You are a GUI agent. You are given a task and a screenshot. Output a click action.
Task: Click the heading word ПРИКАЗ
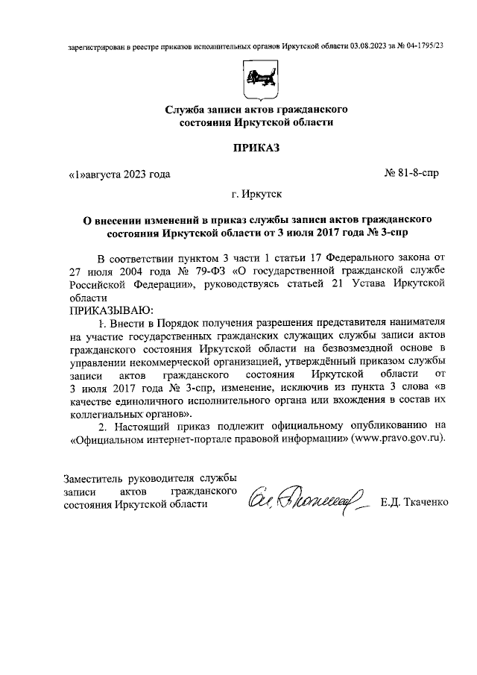[256, 148]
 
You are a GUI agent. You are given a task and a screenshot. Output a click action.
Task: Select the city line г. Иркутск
[256, 196]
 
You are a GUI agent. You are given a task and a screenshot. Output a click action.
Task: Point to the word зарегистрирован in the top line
[93, 45]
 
